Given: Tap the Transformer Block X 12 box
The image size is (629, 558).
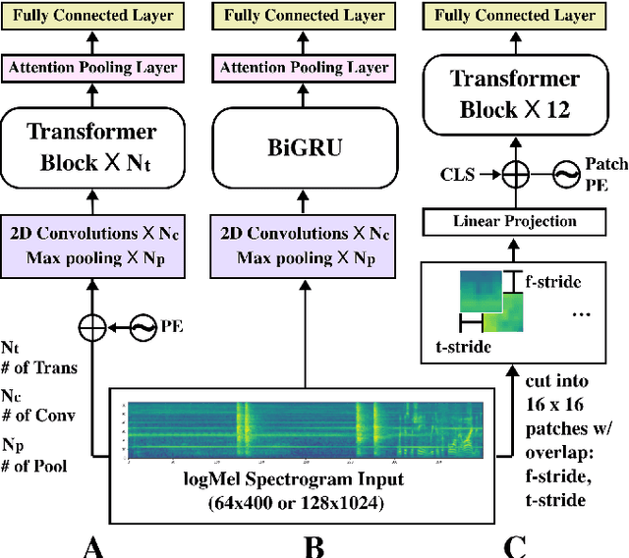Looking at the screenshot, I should [x=516, y=94].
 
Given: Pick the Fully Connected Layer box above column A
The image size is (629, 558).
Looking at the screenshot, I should [x=91, y=16].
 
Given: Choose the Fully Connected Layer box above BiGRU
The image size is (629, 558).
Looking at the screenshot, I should [x=304, y=16].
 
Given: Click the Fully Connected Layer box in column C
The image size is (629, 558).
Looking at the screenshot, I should [x=516, y=16].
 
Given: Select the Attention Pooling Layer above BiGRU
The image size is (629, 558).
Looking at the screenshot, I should [x=304, y=68].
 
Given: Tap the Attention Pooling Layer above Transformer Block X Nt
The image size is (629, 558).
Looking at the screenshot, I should [x=91, y=68].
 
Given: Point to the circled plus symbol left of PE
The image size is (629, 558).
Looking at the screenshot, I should [x=91, y=324].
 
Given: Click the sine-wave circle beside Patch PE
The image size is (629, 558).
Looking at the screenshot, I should [x=566, y=175].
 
